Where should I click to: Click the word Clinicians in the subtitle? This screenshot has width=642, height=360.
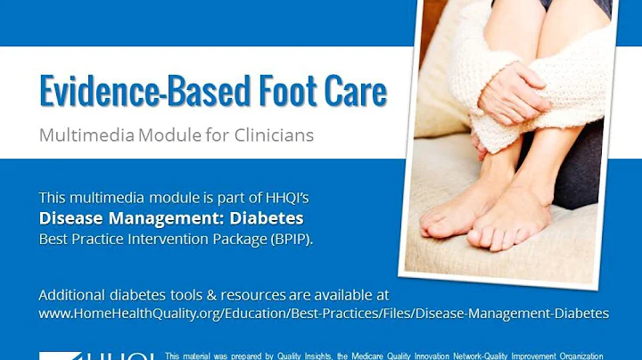pyautogui.click(x=271, y=136)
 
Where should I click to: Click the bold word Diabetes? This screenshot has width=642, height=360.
pyautogui.click(x=264, y=217)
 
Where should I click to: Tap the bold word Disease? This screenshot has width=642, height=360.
pyautogui.click(x=70, y=217)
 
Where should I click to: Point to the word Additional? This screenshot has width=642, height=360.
pyautogui.click(x=72, y=294)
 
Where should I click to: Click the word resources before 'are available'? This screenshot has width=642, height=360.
pyautogui.click(x=235, y=294)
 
